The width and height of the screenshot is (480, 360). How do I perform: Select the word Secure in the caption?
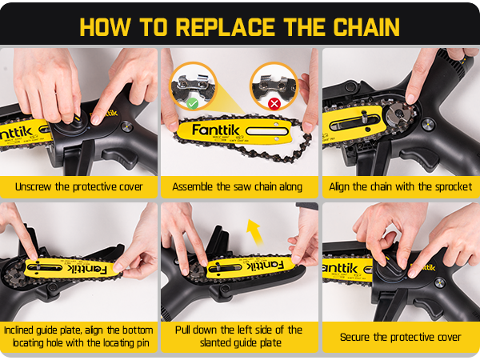pyautogui.click(x=356, y=337)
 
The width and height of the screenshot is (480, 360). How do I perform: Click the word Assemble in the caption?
pyautogui.click(x=194, y=187)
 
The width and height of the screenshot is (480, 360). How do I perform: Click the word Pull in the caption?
pyautogui.click(x=184, y=330)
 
